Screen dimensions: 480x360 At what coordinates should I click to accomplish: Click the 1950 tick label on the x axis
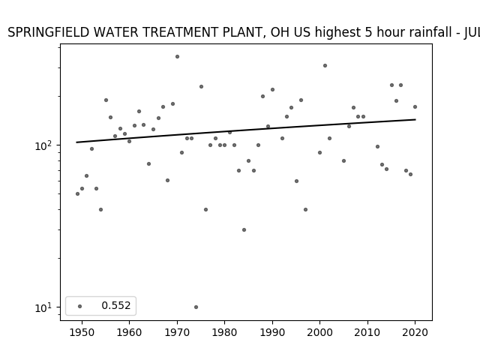click(82, 332)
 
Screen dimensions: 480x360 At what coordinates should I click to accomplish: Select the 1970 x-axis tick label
click(177, 332)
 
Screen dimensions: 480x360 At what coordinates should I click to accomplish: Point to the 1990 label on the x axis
click(272, 332)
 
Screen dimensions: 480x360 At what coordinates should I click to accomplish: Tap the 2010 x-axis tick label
click(367, 332)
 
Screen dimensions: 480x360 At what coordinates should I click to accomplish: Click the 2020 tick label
click(415, 332)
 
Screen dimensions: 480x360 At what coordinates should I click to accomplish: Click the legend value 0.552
click(116, 305)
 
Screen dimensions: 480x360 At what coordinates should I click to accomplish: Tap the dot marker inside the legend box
click(80, 306)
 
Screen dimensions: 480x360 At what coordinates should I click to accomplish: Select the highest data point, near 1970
click(177, 57)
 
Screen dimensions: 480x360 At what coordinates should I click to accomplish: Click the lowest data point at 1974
click(196, 307)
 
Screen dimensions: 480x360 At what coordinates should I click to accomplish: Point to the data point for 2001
click(325, 65)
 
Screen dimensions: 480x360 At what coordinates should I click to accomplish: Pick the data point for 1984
click(244, 230)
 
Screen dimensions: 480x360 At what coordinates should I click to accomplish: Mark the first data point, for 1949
click(77, 193)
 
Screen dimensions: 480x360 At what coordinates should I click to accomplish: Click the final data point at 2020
click(415, 106)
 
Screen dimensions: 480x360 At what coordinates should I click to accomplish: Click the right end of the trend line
click(415, 119)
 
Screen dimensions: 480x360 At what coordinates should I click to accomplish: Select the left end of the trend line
click(76, 142)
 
